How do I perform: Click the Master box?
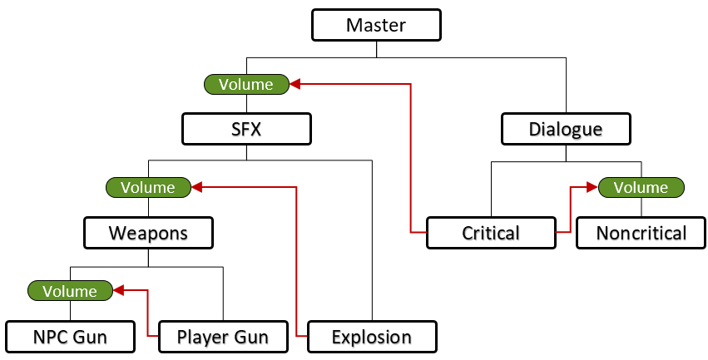375,25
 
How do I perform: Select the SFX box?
246,130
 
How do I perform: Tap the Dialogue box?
566,130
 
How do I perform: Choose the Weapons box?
148,233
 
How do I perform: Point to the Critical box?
491,233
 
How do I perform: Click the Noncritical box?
641,233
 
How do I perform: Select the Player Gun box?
223,337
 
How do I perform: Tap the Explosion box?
371,337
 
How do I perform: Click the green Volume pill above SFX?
246,84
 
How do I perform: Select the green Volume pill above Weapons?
148,187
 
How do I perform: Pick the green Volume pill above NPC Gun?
70,291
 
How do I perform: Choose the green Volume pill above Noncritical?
641,187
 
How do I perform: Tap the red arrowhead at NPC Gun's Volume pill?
118,291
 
